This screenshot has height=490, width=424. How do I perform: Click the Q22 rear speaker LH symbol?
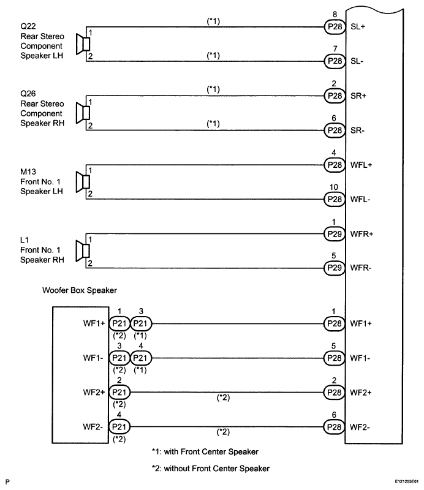(x=83, y=44)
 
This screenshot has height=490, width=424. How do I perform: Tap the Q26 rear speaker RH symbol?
(x=83, y=113)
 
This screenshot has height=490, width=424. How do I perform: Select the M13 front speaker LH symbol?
(x=83, y=182)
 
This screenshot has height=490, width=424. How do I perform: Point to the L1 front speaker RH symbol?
(x=83, y=251)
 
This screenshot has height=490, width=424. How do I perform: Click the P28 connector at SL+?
(x=335, y=27)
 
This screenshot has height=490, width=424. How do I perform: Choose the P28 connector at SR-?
(x=335, y=130)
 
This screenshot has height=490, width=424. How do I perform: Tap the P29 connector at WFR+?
(x=335, y=234)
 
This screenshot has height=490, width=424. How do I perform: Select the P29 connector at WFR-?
(x=335, y=268)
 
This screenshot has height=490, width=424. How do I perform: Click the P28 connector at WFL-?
(x=335, y=200)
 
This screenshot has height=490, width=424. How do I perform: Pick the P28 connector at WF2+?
(x=335, y=393)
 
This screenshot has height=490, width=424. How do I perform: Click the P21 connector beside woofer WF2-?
(x=119, y=427)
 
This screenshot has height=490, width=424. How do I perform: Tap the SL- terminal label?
(x=357, y=61)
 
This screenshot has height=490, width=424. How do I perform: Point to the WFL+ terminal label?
(x=361, y=165)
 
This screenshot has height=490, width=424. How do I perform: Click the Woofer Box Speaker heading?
(x=80, y=290)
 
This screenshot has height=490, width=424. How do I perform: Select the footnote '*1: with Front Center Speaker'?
(x=205, y=451)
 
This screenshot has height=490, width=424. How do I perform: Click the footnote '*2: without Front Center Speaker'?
(x=211, y=469)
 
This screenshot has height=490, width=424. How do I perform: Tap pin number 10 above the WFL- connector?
(x=334, y=187)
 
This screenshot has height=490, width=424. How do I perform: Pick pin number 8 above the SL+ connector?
(x=335, y=14)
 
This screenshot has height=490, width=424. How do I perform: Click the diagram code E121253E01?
(x=406, y=481)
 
